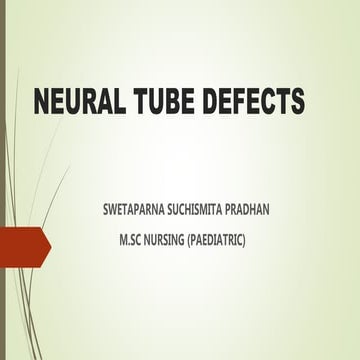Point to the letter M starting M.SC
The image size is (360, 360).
122,240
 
